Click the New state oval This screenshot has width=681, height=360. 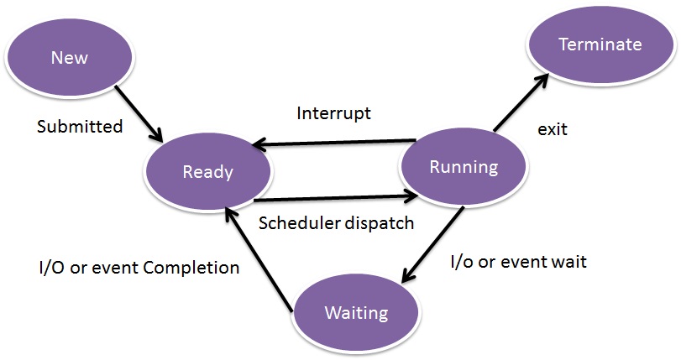pos(70,57)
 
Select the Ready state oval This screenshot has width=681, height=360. pos(207,171)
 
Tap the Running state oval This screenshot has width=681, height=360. pos(464,167)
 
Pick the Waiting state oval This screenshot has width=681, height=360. pos(357,312)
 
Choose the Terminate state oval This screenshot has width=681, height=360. pos(600,44)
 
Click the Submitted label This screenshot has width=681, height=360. pos(80,127)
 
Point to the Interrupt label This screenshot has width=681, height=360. pos(334,113)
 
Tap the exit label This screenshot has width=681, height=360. pos(553,129)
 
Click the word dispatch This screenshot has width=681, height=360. pos(380,223)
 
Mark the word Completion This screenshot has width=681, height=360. pos(191,268)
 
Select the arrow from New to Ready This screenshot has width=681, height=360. pos(139,113)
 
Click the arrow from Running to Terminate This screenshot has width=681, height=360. pos(521,102)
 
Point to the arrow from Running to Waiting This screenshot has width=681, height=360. pos(432,245)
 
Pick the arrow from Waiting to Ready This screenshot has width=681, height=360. pos(258,258)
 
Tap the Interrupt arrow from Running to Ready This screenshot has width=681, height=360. pos(334,143)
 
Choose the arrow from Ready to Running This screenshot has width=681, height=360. pos(336,198)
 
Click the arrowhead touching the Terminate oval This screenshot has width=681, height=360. pos(541,80)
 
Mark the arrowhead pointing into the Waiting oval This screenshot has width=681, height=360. pos(407,275)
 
